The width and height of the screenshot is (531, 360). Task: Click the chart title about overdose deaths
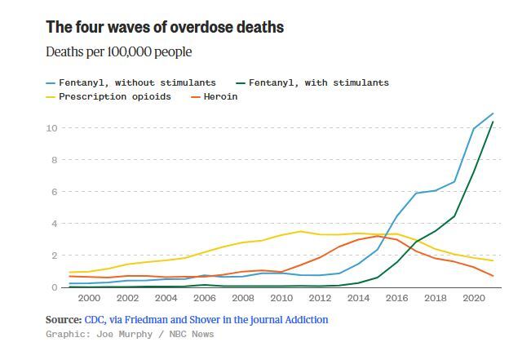click(165, 27)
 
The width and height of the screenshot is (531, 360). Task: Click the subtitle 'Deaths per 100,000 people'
click(119, 52)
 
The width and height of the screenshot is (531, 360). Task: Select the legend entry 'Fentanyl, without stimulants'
click(137, 82)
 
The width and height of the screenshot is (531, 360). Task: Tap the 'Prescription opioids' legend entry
click(114, 97)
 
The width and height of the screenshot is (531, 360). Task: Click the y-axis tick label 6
click(53, 192)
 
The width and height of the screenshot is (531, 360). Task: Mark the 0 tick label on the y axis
click(53, 287)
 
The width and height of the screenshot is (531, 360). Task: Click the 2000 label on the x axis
click(89, 300)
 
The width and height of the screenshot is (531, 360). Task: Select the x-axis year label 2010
click(281, 300)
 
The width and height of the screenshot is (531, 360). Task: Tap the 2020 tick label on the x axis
click(473, 300)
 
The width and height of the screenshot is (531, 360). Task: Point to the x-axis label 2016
click(396, 300)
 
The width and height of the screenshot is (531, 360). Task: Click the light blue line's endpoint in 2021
click(493, 113)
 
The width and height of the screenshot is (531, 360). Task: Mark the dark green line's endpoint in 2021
click(493, 122)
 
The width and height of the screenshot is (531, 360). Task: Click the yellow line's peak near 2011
click(300, 231)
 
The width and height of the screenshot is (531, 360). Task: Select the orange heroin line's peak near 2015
click(377, 236)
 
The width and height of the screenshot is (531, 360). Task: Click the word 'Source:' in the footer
click(64, 320)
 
